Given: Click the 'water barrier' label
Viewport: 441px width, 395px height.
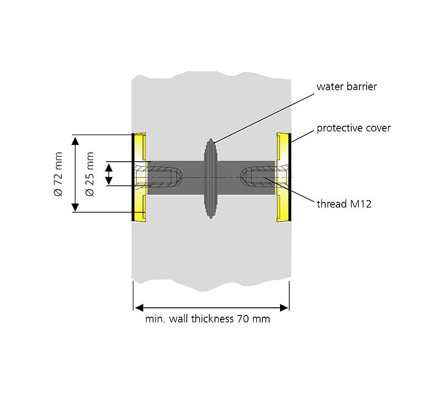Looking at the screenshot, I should (347, 87).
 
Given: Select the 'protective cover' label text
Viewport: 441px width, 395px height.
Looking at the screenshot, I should (353, 129).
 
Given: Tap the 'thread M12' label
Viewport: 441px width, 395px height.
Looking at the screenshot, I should (344, 204).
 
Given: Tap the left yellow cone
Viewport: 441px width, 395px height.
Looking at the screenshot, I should (140, 177).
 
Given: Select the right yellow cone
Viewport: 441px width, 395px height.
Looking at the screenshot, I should (282, 177).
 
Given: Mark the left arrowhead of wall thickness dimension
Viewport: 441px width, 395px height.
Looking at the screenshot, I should (138, 307).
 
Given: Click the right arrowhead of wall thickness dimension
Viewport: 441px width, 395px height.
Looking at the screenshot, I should (284, 307).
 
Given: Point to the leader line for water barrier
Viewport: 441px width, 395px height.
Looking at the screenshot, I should (265, 115).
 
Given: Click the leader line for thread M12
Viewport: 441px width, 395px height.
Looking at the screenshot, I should (292, 191).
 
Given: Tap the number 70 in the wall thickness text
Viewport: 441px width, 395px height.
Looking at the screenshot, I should (242, 319).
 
